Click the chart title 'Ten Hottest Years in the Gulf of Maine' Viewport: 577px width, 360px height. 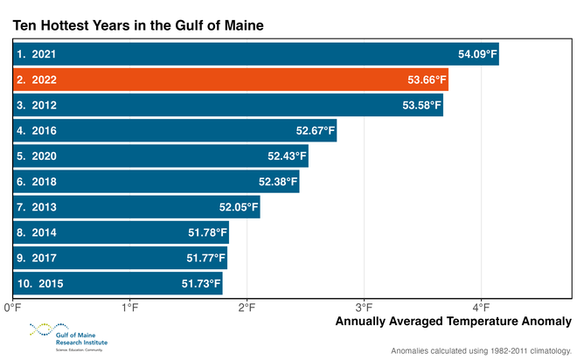pos(137,25)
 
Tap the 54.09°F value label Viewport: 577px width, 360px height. pos(477,55)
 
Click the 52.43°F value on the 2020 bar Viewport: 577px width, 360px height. pos(288,156)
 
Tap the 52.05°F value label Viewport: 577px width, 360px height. pos(239,207)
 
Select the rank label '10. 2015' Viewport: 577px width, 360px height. pos(39,283)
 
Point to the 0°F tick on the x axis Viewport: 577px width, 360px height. pos(12,307)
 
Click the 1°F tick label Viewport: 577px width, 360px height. pos(130,307)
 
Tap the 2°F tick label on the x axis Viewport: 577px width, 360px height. pos(247,307)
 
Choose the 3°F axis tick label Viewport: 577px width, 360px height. pos(365,307)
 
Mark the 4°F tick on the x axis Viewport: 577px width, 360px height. pos(483,307)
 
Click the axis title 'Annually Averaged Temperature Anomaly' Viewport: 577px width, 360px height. pos(453,322)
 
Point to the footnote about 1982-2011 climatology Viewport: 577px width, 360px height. pos(480,350)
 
